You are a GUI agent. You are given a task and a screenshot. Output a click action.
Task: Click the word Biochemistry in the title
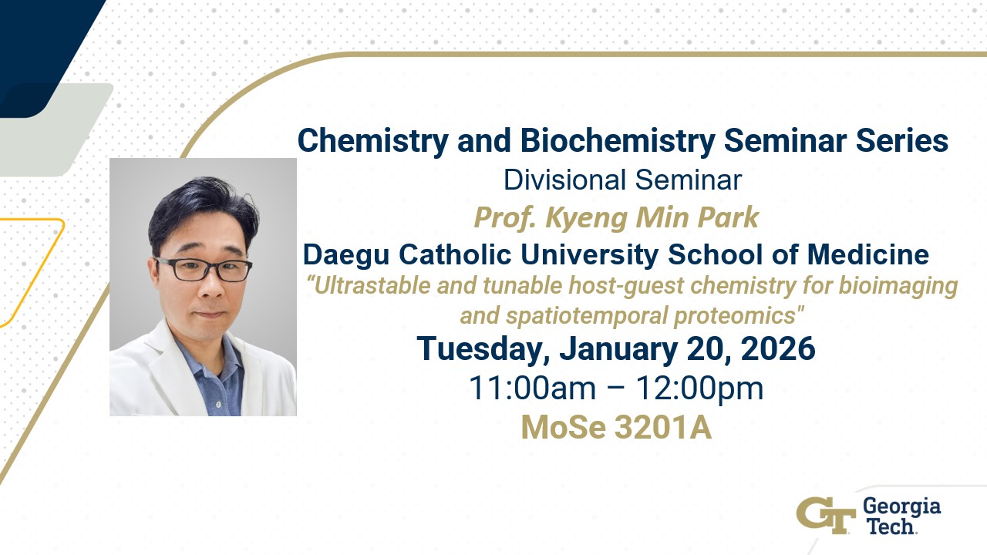point(618,141)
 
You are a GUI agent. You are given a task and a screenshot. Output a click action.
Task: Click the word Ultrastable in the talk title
point(369,285)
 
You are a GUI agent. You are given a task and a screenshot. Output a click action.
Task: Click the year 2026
point(778,348)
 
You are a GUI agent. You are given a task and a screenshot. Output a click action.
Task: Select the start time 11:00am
point(532,388)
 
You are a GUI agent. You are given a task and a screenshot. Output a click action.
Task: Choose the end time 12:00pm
point(699,388)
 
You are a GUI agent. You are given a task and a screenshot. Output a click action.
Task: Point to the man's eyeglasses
point(204,269)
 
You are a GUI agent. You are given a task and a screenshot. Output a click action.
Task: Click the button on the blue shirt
point(217,405)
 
